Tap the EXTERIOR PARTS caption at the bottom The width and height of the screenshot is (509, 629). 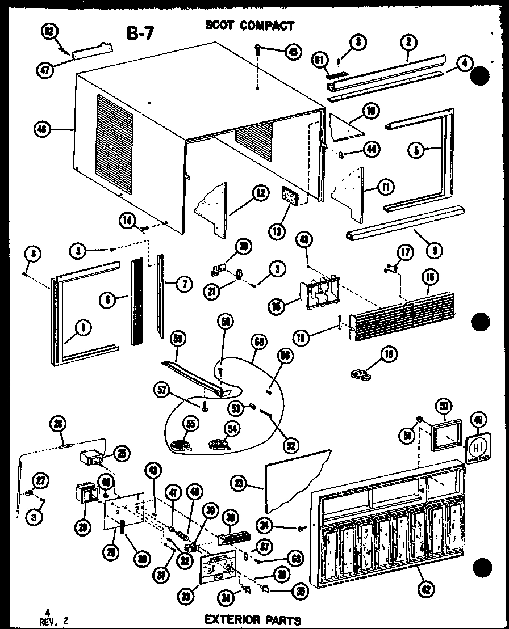tap(253, 619)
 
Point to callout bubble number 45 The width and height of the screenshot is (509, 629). tap(293, 52)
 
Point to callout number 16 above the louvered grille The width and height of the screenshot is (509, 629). tap(429, 277)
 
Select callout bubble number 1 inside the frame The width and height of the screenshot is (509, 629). tap(82, 326)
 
